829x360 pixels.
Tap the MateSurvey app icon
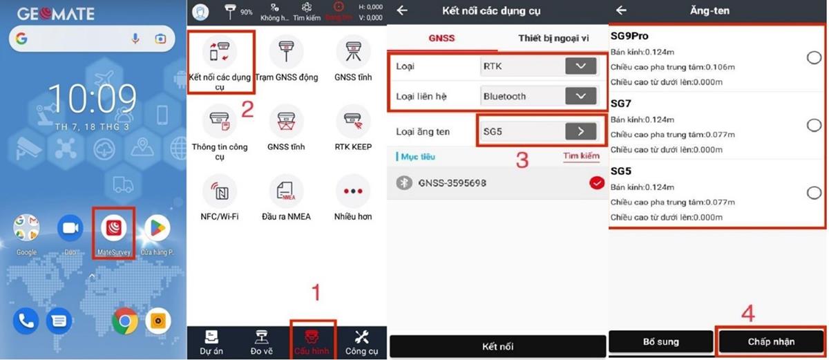113,227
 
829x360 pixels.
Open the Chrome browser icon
125,321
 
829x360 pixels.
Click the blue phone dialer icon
26,321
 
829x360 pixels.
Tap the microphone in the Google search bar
135,39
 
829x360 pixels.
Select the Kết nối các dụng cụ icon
220,52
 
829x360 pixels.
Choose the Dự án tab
212,341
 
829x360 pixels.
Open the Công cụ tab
361,341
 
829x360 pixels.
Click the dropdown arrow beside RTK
580,66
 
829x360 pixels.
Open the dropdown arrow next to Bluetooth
580,96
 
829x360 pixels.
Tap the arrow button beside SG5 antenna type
580,131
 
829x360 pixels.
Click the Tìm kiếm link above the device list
581,156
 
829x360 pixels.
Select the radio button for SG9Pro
814,58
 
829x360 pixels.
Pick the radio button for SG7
814,125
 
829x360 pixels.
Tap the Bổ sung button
660,341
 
